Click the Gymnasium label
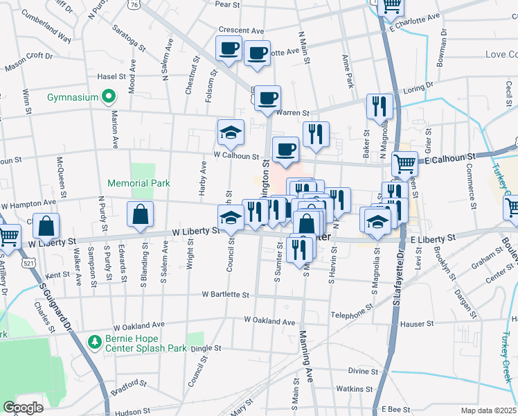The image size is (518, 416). coord(73,97)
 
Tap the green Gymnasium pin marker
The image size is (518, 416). coord(108,97)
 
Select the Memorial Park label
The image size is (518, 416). coord(139,183)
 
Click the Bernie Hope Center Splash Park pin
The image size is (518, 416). coord(95,341)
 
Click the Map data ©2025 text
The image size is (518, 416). coord(488,410)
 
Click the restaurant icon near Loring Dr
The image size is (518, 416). coord(379,106)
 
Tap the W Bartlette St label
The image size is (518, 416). coord(225,295)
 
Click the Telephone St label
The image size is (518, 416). coord(352,314)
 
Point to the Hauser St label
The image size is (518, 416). coord(419,323)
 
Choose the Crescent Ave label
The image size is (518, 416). coord(241,31)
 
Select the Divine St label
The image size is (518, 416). coord(361,371)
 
